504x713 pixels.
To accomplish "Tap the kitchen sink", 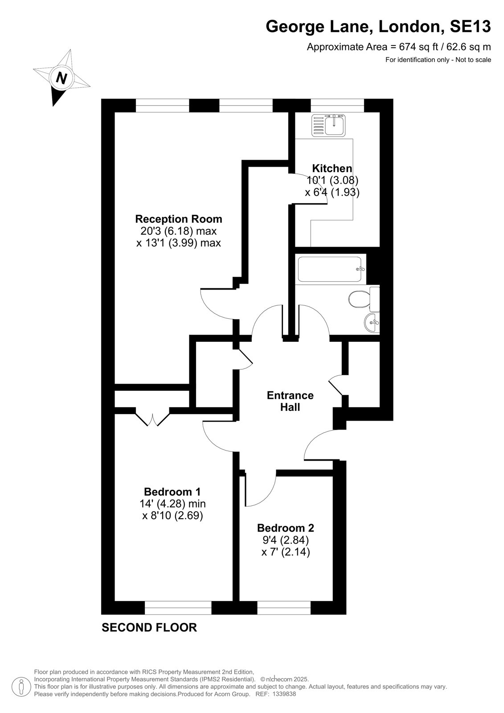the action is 328,125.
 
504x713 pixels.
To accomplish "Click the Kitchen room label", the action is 332,168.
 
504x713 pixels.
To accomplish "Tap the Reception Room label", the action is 179,219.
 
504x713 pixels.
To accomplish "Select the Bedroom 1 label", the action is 172,492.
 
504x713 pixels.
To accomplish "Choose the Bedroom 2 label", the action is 286,528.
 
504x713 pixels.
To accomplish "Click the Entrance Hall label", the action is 290,401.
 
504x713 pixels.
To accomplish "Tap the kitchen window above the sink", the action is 337,105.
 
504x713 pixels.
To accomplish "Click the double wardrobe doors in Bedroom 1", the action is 152,419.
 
